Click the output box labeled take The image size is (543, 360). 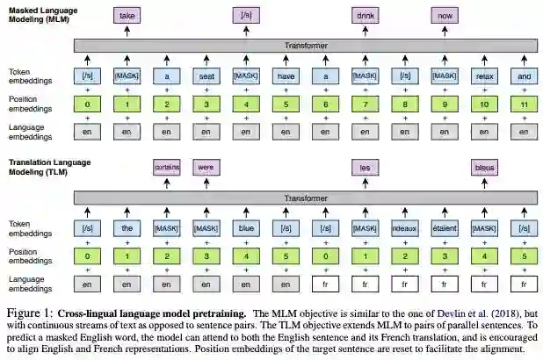coord(127,15)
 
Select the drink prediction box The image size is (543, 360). coord(365,15)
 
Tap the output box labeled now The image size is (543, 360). coord(445,15)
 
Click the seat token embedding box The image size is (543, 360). coord(206,76)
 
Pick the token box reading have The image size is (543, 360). coord(286,76)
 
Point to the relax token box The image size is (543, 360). coord(484,76)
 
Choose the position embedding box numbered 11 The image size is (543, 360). coord(524,106)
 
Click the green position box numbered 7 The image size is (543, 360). coord(365,106)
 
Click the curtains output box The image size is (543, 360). coord(167,167)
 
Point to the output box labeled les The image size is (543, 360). coord(365,167)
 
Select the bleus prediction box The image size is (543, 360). coord(484,167)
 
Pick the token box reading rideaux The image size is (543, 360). coord(405,229)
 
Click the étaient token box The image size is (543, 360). coord(445,229)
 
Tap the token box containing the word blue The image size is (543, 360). coord(246,229)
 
